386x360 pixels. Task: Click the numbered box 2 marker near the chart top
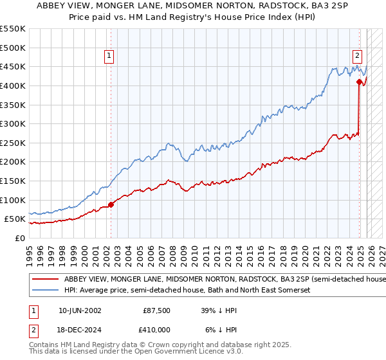(x=357, y=56)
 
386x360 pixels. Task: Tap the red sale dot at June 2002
(x=111, y=204)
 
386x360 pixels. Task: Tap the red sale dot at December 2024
(x=359, y=81)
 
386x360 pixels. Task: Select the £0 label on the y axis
(x=19, y=238)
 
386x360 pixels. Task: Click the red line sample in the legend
(x=46, y=280)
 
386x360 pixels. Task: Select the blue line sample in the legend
(x=46, y=291)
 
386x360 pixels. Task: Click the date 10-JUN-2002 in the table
(x=80, y=310)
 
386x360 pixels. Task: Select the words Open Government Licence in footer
(x=167, y=352)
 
